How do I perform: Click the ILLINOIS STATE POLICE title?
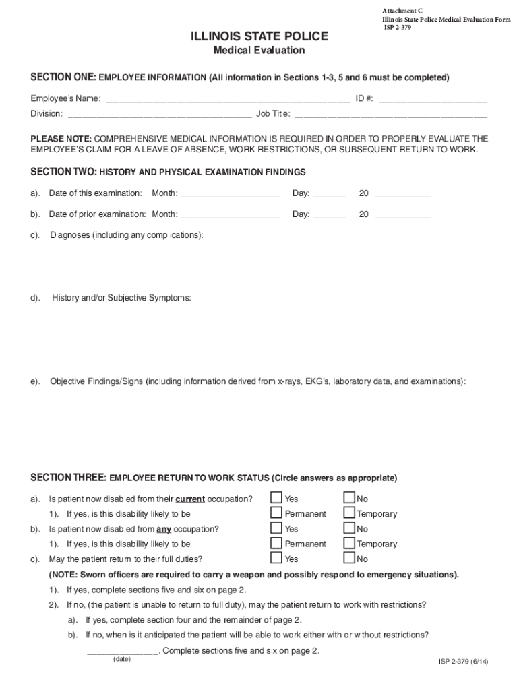[x=259, y=36]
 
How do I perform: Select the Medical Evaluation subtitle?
[x=259, y=51]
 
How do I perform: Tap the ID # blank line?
[x=433, y=99]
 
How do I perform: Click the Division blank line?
[x=159, y=114]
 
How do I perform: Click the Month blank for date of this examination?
[x=231, y=194]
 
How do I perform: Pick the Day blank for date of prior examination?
[x=330, y=215]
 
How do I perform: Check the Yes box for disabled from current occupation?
[x=276, y=498]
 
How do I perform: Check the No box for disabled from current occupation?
[x=349, y=498]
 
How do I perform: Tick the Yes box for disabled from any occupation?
[x=276, y=528]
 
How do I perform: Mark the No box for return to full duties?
[x=349, y=558]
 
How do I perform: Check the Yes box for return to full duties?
[x=276, y=558]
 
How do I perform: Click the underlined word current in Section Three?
[x=190, y=499]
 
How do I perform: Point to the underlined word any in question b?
[x=164, y=529]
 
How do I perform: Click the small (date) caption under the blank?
[x=122, y=659]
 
